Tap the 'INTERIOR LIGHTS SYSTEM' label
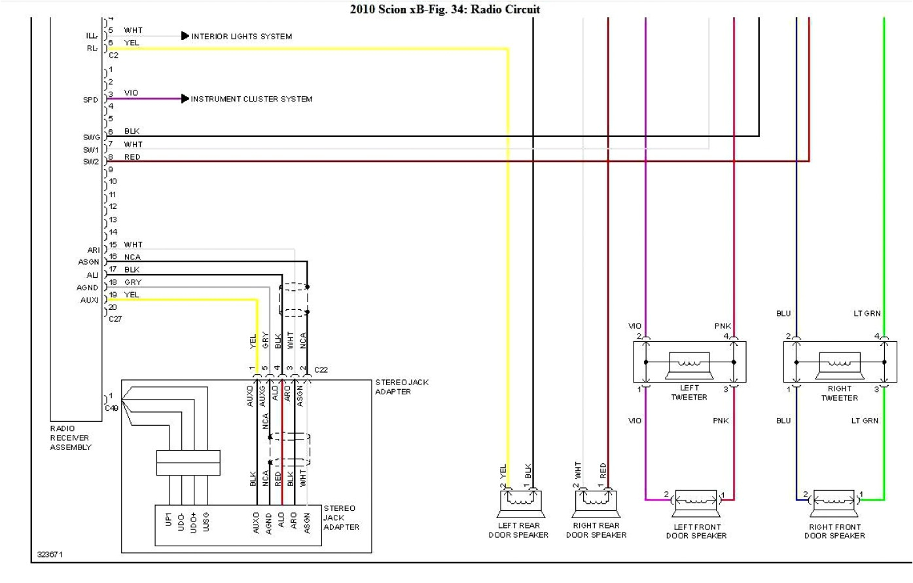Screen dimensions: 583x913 point(242,37)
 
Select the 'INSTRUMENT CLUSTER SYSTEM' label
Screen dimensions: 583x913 point(251,100)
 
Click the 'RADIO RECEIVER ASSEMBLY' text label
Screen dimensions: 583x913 point(71,438)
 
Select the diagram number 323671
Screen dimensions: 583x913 point(50,555)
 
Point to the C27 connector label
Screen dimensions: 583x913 point(115,319)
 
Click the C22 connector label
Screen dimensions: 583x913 point(321,370)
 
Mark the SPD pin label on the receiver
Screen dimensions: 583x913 point(90,100)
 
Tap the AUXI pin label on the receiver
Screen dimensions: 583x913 point(89,301)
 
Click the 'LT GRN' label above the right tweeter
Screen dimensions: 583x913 point(867,314)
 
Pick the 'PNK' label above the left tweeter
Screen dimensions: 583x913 point(723,326)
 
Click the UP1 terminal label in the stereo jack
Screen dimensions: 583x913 point(169,520)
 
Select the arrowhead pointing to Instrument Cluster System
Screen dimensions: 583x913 point(185,99)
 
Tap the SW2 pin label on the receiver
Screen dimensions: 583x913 point(90,162)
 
